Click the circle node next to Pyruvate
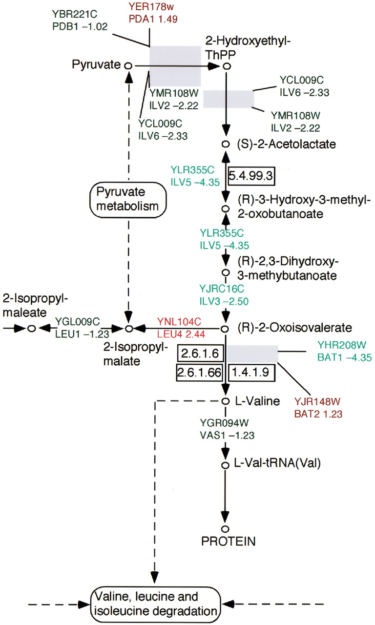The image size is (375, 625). click(x=128, y=65)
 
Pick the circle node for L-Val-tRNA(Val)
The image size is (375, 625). click(x=226, y=464)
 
